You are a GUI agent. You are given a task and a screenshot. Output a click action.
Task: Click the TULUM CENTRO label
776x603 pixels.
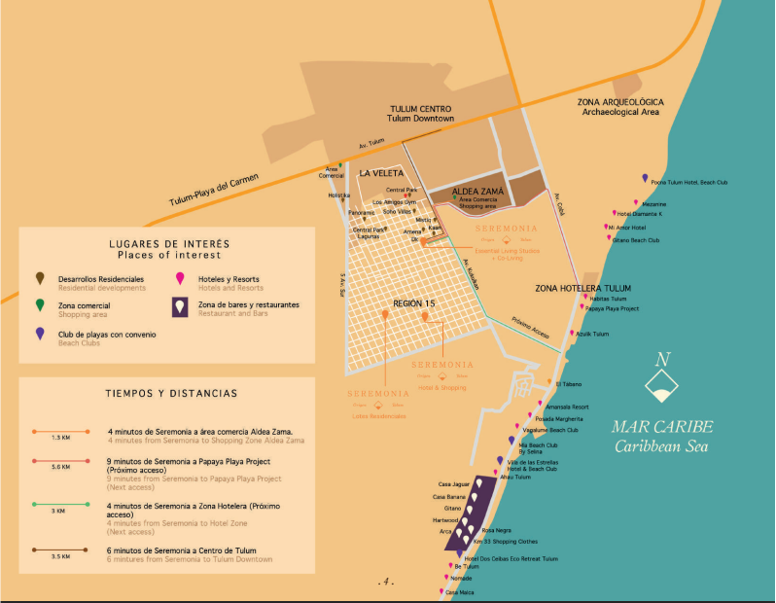click(x=422, y=108)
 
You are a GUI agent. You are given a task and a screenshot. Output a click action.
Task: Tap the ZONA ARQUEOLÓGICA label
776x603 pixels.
click(x=620, y=102)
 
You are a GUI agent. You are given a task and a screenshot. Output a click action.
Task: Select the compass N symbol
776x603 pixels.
click(x=662, y=359)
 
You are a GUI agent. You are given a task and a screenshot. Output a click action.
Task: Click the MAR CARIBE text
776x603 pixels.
click(x=662, y=427)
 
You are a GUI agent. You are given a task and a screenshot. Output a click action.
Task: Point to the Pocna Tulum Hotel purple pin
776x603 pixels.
click(x=645, y=178)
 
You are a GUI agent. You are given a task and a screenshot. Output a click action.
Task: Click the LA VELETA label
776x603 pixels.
click(x=380, y=173)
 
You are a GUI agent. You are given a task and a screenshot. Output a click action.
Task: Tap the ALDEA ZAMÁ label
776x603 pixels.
click(x=477, y=192)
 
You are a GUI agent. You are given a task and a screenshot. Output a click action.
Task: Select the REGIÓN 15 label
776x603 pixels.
click(x=413, y=304)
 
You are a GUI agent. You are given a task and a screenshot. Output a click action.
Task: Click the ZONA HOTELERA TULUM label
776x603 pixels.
click(x=582, y=288)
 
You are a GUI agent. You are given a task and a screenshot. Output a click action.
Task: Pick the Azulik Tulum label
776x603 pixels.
click(x=592, y=334)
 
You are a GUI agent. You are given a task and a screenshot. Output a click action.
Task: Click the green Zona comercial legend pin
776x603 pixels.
click(x=38, y=306)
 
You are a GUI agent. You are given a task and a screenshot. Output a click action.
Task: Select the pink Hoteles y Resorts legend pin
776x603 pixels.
click(x=179, y=279)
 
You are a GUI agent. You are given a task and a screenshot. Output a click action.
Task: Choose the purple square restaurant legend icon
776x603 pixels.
click(x=179, y=307)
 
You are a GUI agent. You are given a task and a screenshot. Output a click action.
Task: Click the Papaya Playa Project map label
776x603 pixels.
click(x=612, y=308)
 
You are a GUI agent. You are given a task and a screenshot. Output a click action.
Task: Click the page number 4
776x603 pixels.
click(x=386, y=582)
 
